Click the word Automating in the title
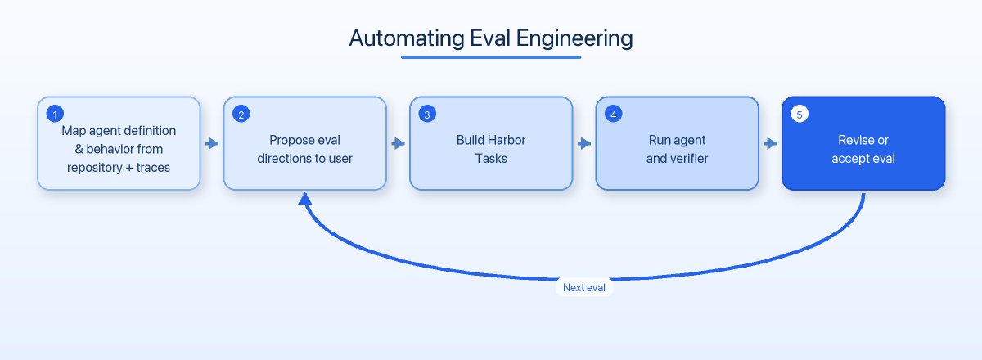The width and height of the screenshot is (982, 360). [x=407, y=38]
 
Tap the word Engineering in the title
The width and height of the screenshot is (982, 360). [x=574, y=39]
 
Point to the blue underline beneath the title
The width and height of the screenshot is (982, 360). [x=491, y=57]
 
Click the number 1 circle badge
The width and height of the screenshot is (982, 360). [x=55, y=115]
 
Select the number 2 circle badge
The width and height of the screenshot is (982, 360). [x=241, y=115]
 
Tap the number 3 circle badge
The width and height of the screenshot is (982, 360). [x=427, y=115]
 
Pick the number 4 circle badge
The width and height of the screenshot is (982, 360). [x=613, y=115]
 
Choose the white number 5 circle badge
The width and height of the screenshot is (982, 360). [x=800, y=115]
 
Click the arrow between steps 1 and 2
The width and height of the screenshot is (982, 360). [x=212, y=143]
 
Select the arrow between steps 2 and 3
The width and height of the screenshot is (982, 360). [x=398, y=143]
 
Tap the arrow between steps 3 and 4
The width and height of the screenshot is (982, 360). [x=584, y=143]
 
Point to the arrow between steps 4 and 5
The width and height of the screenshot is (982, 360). [x=770, y=143]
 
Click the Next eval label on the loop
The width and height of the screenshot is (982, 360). [x=584, y=288]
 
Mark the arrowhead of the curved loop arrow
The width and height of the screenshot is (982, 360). [x=305, y=199]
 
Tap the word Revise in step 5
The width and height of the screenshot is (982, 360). [x=851, y=140]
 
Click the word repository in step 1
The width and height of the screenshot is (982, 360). [x=95, y=169]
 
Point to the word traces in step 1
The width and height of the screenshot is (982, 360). [x=153, y=168]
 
